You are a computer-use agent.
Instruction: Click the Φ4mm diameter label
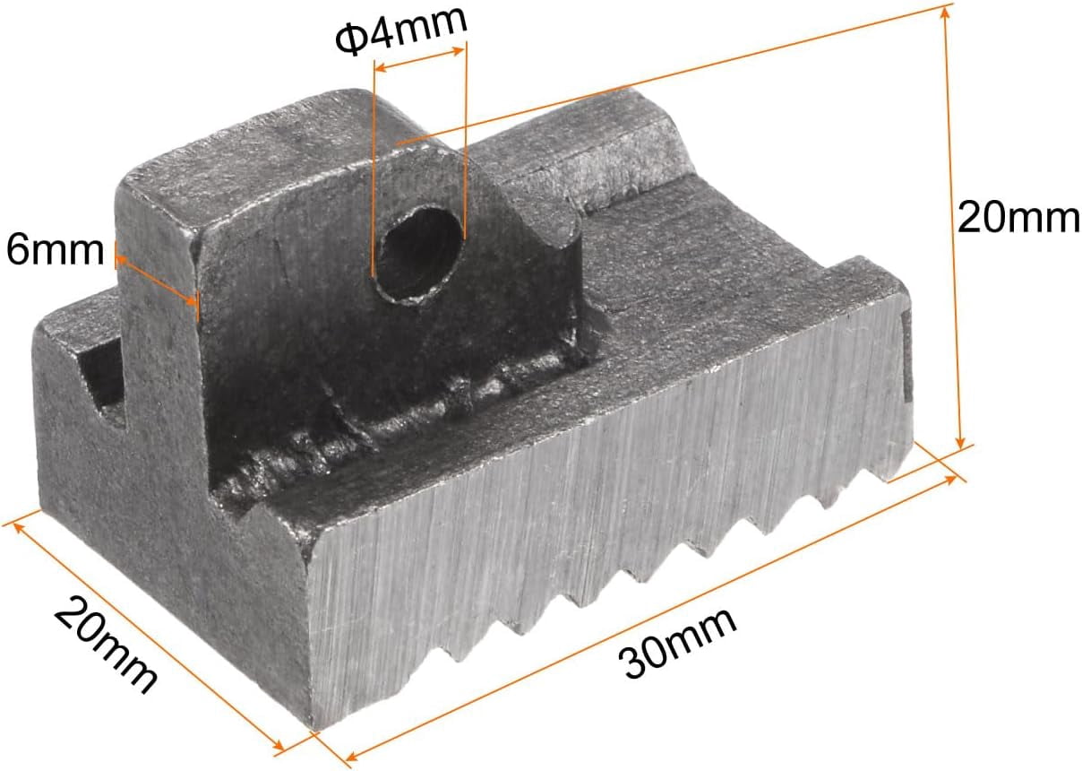(x=401, y=31)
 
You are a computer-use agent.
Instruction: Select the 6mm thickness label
(x=55, y=250)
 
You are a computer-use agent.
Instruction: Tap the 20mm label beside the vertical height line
(x=1018, y=217)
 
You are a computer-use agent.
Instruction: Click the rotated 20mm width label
(x=106, y=645)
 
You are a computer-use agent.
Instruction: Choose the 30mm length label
(x=678, y=644)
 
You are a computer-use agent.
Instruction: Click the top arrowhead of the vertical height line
(x=946, y=14)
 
